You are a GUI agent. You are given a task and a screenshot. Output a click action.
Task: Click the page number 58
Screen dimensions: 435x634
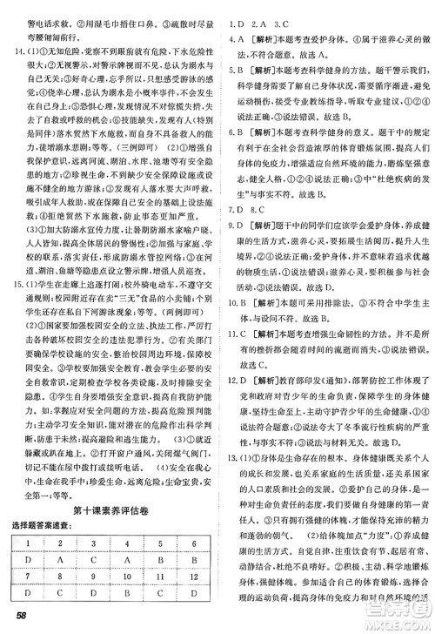[17, 619]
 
